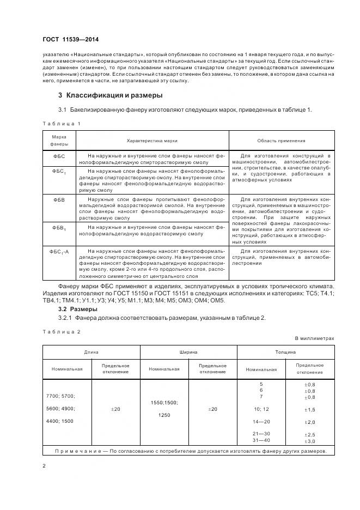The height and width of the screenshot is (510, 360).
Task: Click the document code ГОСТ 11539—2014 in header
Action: coord(70,39)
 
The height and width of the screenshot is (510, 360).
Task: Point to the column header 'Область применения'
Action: coord(281,140)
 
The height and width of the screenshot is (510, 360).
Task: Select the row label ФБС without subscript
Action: coord(59,156)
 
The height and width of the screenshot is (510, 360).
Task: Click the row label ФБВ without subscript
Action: coord(59,200)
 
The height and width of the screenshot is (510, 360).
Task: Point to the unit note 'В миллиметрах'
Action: coord(314,338)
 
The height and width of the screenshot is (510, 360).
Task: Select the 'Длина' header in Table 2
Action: coord(91,353)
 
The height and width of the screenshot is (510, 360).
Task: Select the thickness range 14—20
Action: coord(261,422)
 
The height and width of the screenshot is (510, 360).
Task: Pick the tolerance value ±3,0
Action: coord(309,440)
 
